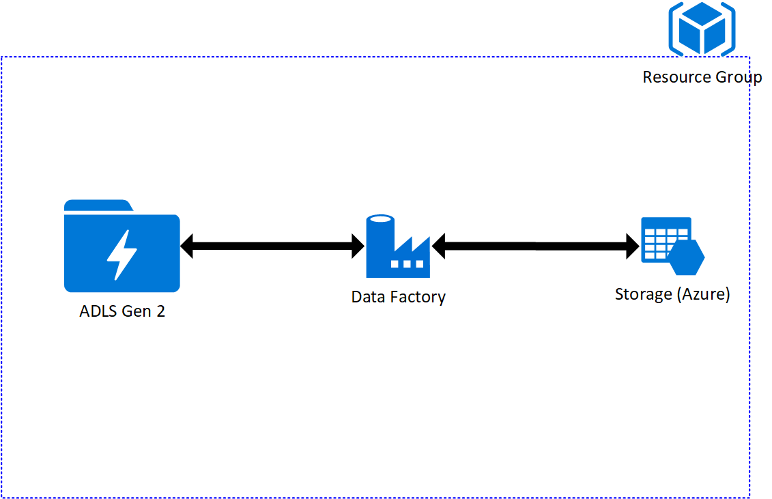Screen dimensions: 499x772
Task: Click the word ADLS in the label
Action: pyautogui.click(x=98, y=312)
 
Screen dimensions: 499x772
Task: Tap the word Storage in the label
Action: pyautogui.click(x=643, y=294)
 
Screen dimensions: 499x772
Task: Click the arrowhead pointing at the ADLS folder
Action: pyautogui.click(x=188, y=246)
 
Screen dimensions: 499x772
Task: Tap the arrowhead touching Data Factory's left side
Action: pyautogui.click(x=358, y=246)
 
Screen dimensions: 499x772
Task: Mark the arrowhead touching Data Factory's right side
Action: pyautogui.click(x=439, y=246)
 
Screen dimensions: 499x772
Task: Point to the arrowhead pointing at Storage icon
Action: pyautogui.click(x=633, y=246)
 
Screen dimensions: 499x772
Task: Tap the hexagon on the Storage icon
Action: pyautogui.click(x=686, y=257)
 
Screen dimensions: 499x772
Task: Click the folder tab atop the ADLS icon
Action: pyautogui.click(x=97, y=205)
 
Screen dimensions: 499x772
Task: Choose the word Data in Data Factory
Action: pyautogui.click(x=366, y=298)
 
